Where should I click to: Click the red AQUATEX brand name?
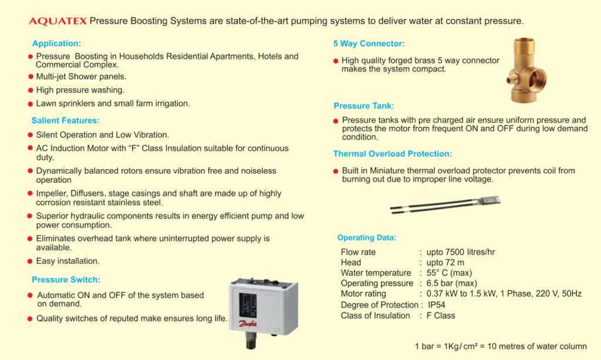pos(58,21)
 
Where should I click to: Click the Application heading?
pos(56,43)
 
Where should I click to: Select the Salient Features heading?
pos(66,120)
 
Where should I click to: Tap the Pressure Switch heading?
pos(66,280)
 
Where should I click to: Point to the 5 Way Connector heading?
pos(369,43)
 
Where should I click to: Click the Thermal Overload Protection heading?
pos(393,154)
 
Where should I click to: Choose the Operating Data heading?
pos(366,238)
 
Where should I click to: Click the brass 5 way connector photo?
pos(526,70)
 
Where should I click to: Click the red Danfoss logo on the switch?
pos(248,324)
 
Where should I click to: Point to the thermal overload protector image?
pos(445,205)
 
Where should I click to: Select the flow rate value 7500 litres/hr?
pos(461,253)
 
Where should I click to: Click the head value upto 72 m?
pos(445,263)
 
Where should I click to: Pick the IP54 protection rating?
pos(437,305)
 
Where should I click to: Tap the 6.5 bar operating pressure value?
pos(452,283)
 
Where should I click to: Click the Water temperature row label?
pos(376,273)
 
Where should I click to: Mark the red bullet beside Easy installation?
pos(31,261)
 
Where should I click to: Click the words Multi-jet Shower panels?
pos(81,77)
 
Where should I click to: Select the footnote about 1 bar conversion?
pos(501,346)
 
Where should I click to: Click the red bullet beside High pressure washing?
pos(31,90)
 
